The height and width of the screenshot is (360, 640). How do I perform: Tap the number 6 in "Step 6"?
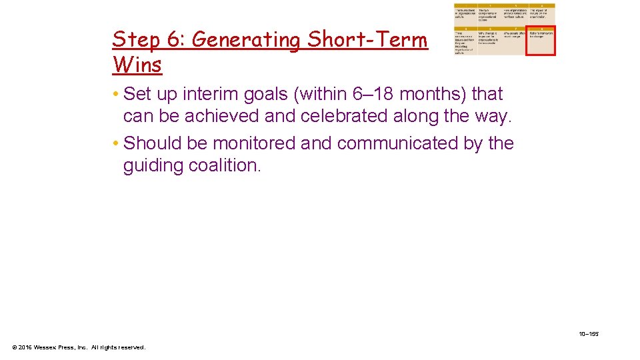172,40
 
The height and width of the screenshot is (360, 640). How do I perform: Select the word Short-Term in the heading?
367,40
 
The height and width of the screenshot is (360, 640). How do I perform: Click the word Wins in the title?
137,65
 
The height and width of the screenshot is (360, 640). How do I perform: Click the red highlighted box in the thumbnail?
541,41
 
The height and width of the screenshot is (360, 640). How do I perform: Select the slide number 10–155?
589,333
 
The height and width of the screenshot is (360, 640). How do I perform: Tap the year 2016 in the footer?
25,347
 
